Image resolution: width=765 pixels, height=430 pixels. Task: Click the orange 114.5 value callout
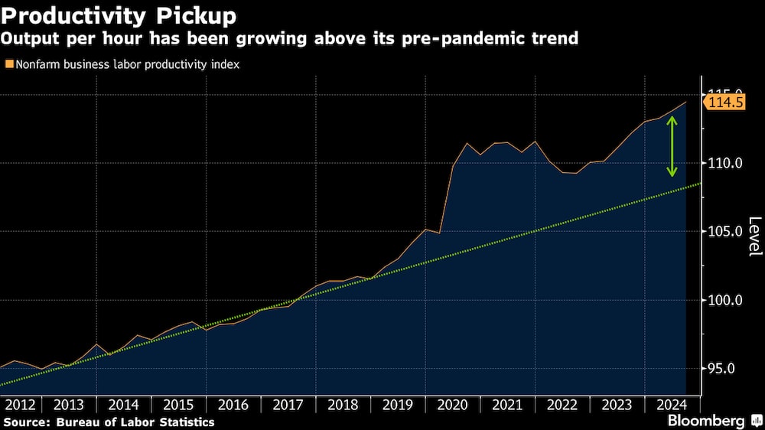pos(724,103)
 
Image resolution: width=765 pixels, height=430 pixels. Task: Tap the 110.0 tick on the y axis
pos(724,163)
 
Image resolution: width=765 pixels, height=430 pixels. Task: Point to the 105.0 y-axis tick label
pos(724,231)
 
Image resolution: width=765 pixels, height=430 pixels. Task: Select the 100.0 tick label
pos(724,300)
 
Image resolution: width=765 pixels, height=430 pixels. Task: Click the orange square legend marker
pos(8,64)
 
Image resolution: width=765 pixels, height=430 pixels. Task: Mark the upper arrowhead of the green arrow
pos(672,119)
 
